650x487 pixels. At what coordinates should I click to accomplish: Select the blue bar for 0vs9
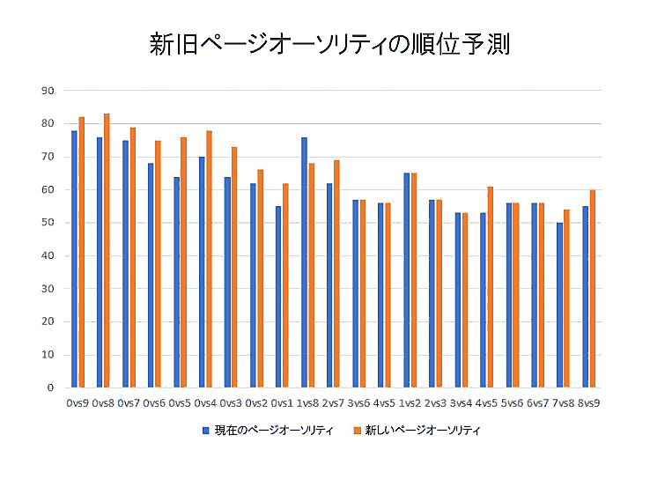[x=74, y=259]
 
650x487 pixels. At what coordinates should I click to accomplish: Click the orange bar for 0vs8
[x=107, y=250]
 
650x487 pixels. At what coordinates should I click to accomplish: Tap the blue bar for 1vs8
[x=304, y=262]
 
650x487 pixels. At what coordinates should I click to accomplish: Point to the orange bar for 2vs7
[x=336, y=274]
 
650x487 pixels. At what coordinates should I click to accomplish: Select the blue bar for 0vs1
[x=278, y=297]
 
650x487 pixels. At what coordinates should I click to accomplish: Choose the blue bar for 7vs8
[x=559, y=305]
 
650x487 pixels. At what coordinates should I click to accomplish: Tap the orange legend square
[x=358, y=431]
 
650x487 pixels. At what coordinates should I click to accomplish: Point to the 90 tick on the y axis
[x=48, y=91]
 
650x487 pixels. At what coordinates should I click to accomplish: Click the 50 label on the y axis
[x=48, y=223]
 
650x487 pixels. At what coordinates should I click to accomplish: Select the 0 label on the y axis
[x=51, y=387]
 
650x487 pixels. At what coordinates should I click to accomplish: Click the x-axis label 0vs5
[x=180, y=402]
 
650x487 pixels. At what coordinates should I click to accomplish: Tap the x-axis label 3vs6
[x=358, y=402]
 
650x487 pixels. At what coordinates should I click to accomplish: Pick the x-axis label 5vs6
[x=512, y=402]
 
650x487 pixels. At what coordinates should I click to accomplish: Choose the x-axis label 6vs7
[x=537, y=402]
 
